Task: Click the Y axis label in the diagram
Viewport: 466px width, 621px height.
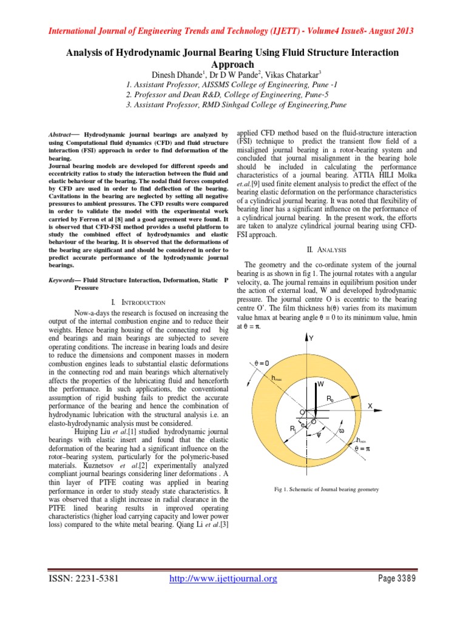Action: [x=311, y=338]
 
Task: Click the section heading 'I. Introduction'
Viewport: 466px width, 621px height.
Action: [x=139, y=302]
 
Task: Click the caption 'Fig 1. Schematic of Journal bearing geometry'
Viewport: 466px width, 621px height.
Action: [x=326, y=489]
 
